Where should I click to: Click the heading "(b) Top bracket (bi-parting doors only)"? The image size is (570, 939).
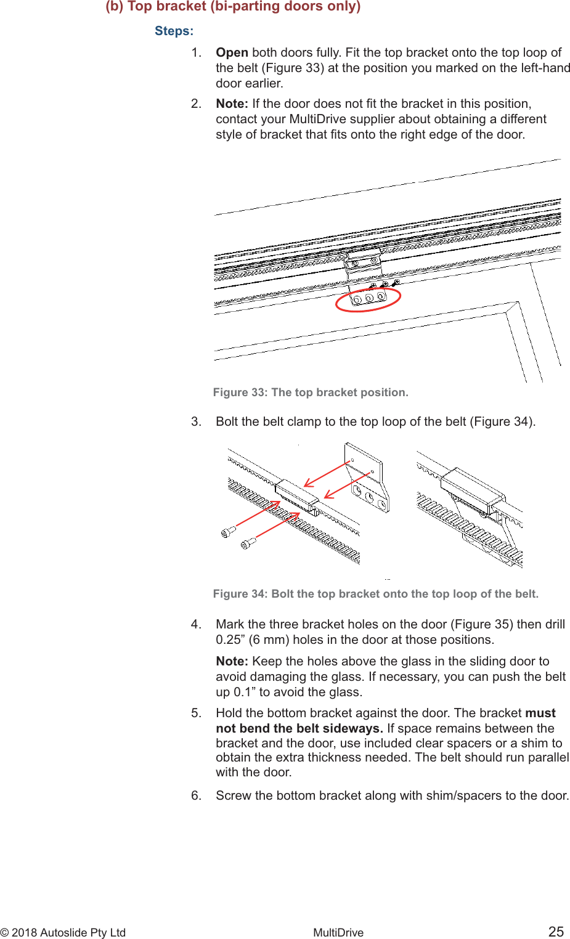tap(233, 7)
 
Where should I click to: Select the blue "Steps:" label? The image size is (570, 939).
tap(174, 31)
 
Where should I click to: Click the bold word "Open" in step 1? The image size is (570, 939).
tap(232, 52)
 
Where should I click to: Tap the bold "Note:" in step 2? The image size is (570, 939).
tap(232, 104)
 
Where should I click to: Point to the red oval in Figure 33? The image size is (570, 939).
tap(368, 299)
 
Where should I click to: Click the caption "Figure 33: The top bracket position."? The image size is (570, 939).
tap(311, 392)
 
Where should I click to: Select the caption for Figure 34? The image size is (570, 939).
tap(375, 594)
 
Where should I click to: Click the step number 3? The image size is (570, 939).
tap(196, 421)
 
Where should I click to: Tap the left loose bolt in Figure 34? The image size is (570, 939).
tap(229, 531)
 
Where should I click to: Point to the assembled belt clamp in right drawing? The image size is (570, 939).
tap(471, 490)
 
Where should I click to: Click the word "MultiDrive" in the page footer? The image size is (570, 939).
tap(338, 932)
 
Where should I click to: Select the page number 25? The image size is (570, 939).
tap(556, 932)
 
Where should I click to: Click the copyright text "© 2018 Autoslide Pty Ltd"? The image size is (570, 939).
tap(63, 932)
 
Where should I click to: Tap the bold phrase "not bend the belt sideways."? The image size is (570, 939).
tap(299, 728)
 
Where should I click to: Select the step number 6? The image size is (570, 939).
tap(196, 795)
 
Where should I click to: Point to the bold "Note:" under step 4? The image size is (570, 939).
tap(232, 661)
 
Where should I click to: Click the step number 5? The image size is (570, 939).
tap(196, 713)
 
